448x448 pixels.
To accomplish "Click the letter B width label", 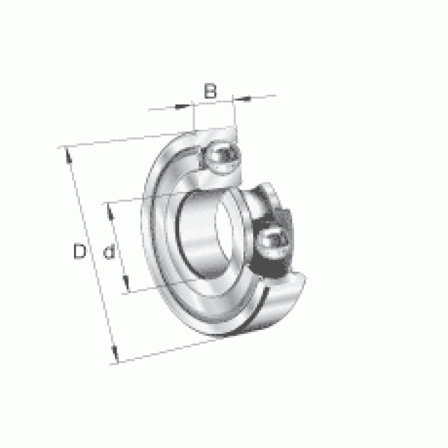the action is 211,91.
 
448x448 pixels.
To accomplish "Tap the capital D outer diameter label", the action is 80,251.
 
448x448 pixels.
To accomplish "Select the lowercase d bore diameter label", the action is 109,252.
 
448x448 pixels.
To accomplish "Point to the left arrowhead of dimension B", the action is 182,107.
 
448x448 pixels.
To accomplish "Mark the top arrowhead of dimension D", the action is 69,155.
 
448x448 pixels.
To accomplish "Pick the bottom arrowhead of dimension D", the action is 114,353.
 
